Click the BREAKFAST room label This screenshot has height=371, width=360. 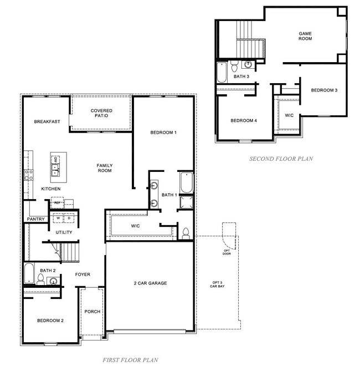47,122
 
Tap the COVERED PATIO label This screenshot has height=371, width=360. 101,113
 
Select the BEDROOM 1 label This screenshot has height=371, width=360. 163,133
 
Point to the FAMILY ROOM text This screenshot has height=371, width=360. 104,168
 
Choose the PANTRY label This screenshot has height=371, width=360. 35,220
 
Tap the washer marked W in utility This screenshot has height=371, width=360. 58,217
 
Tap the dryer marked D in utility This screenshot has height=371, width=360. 69,217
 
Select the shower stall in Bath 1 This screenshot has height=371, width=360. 186,203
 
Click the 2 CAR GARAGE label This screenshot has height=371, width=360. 150,283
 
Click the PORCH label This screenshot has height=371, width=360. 92,312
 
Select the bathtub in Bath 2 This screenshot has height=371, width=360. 29,274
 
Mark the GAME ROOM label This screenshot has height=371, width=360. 305,36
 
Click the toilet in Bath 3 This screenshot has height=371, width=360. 234,67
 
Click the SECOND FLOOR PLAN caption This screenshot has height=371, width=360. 281,159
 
